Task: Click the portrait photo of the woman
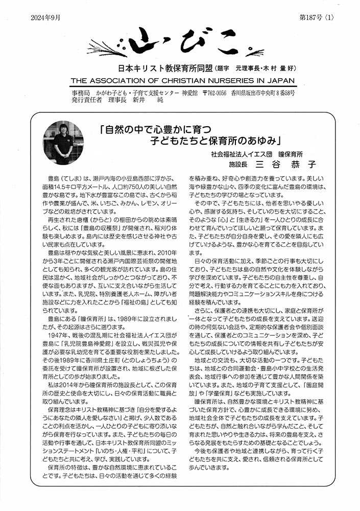point(63,143)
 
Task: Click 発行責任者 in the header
point(87,101)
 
